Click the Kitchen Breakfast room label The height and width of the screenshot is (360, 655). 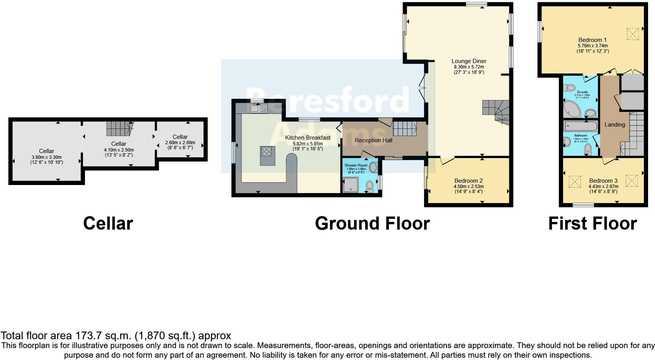click(308, 138)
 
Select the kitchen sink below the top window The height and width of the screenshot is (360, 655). click(258, 109)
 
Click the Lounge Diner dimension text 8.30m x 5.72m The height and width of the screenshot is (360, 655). click(469, 67)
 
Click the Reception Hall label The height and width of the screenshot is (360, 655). click(373, 140)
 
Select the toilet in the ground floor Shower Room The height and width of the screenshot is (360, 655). click(370, 186)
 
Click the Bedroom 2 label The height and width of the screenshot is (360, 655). click(468, 181)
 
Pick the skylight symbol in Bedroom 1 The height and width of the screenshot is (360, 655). click(632, 33)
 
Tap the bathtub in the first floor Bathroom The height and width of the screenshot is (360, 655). click(580, 126)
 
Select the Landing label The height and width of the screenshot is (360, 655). click(615, 125)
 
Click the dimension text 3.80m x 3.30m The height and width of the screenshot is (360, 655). click(47, 157)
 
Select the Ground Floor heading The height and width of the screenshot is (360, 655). click(372, 223)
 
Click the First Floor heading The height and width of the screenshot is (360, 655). click(592, 223)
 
